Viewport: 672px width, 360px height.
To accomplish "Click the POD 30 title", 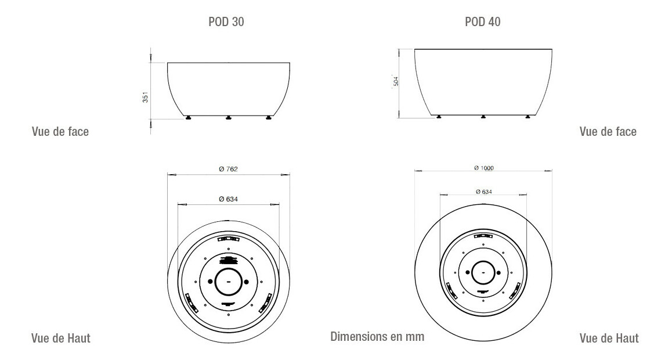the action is pyautogui.click(x=226, y=22).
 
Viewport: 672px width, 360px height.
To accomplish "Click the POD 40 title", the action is pyautogui.click(x=483, y=22).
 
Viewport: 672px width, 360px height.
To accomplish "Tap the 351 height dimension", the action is pyautogui.click(x=145, y=98).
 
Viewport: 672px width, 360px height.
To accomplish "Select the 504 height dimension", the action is pyautogui.click(x=396, y=81).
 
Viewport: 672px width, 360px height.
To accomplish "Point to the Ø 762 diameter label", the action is pyautogui.click(x=228, y=169).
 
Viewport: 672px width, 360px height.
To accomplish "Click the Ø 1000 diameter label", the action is pyautogui.click(x=484, y=168).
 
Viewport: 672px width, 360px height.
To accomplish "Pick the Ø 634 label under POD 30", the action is pyautogui.click(x=228, y=199).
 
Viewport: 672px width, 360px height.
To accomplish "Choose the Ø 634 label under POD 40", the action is pyautogui.click(x=484, y=192).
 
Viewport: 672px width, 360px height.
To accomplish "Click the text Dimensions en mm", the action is pyautogui.click(x=377, y=336).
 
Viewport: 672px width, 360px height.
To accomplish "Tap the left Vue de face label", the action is pyautogui.click(x=60, y=131).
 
